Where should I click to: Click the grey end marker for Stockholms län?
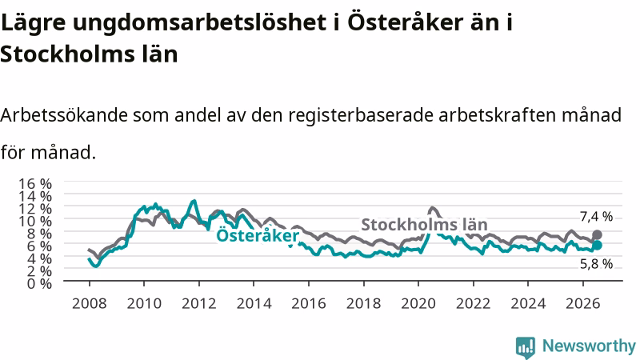(597, 234)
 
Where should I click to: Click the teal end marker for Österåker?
(597, 245)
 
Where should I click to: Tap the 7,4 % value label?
(596, 216)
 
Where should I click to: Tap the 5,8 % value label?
(596, 264)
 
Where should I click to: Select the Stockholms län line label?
(425, 225)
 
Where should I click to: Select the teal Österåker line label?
(258, 235)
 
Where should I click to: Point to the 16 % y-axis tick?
(35, 183)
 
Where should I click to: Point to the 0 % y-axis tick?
(39, 283)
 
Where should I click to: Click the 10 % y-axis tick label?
(35, 221)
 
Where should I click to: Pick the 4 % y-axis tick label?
(39, 258)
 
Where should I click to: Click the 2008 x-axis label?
(89, 303)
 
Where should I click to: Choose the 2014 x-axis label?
(254, 303)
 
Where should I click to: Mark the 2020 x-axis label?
(418, 303)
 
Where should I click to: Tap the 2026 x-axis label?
(583, 303)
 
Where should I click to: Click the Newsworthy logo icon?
(526, 347)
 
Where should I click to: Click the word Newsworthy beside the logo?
(589, 346)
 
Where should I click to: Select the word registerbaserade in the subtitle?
(361, 115)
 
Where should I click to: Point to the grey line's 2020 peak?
(432, 208)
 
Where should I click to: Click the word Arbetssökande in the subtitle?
(64, 115)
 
